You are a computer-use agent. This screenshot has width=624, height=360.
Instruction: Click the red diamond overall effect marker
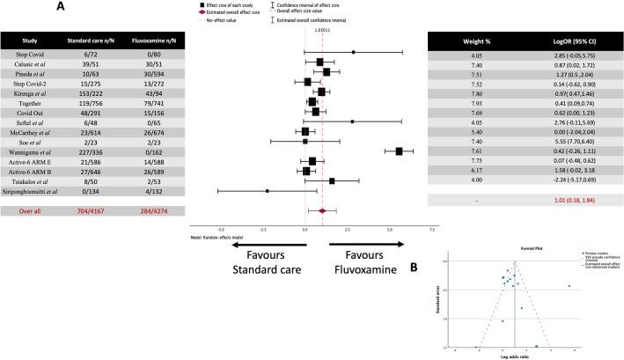point(322,211)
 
